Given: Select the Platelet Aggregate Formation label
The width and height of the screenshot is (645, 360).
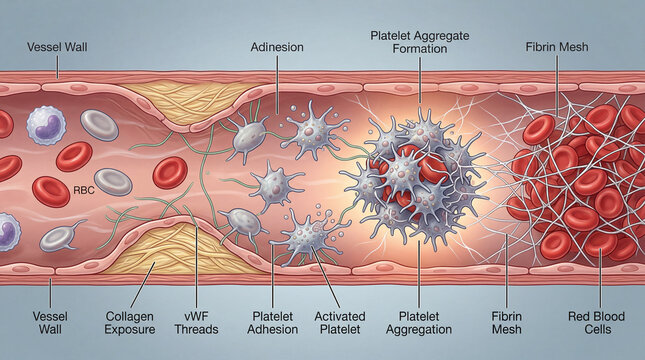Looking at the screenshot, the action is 420,41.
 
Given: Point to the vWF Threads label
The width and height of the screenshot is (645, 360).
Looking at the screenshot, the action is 198,321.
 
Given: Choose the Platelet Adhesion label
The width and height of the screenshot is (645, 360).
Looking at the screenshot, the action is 271,321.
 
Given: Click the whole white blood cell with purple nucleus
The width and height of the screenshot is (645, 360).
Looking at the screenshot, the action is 46,122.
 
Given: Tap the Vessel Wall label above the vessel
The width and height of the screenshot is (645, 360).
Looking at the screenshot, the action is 57,47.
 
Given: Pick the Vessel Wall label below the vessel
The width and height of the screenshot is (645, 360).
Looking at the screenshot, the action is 46,321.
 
